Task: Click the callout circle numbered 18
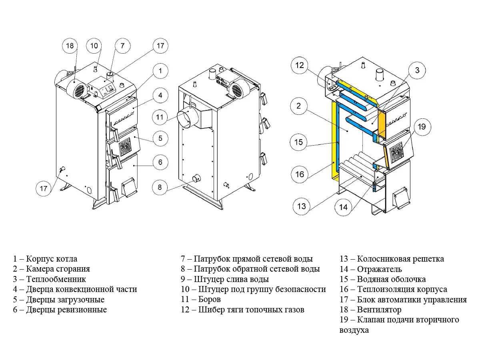(70, 46)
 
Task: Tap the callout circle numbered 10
(94, 46)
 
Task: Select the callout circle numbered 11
(160, 117)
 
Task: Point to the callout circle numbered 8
(160, 187)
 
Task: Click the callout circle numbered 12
(300, 66)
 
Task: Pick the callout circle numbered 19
(422, 127)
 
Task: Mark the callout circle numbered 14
(344, 207)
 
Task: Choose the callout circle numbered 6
(160, 162)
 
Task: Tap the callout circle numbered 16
(300, 174)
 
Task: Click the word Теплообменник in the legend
(56, 279)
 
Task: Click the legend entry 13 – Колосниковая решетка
(392, 259)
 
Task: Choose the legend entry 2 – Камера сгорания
(52, 269)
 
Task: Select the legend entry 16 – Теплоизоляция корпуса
(394, 289)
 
